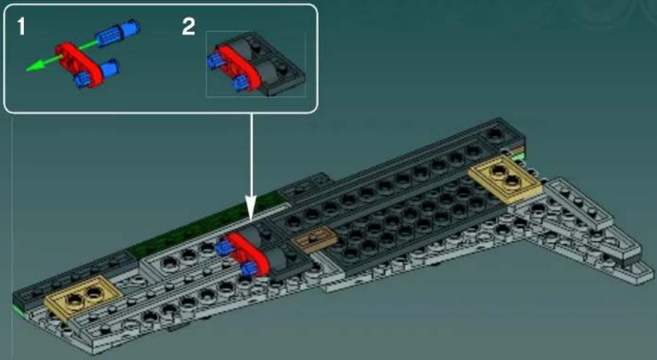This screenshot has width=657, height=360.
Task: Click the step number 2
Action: pos(189,27)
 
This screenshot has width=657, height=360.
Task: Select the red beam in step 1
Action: pos(76,58)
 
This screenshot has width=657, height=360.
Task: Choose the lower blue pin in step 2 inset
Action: pos(239,84)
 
